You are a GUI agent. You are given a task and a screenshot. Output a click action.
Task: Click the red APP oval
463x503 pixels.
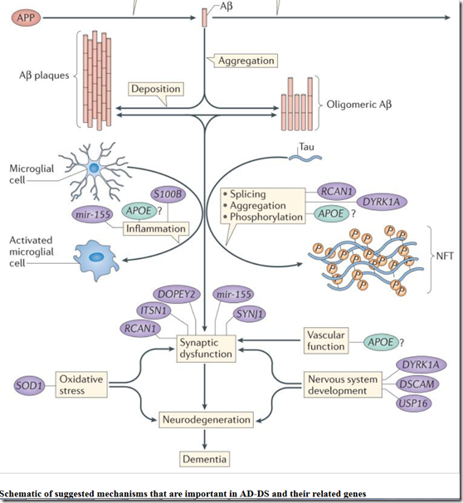click(x=26, y=17)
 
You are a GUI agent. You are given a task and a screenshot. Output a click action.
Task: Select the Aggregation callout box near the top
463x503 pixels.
click(x=246, y=61)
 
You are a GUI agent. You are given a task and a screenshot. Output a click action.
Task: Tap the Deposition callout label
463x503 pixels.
click(x=156, y=89)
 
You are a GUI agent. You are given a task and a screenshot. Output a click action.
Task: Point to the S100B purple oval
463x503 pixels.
click(x=168, y=194)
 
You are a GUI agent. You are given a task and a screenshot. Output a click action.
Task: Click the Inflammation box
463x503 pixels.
click(x=156, y=229)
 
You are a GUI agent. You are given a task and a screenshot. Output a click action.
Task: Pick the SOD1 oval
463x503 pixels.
click(x=29, y=385)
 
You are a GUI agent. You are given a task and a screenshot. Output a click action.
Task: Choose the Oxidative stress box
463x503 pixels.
click(x=81, y=384)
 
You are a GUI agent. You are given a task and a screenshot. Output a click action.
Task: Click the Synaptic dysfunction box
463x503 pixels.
click(x=206, y=349)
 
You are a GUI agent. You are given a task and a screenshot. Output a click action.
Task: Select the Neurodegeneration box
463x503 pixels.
click(x=206, y=420)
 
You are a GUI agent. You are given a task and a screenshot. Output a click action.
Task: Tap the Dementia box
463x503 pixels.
click(x=205, y=459)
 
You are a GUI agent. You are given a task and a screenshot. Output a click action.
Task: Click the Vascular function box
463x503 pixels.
click(x=326, y=340)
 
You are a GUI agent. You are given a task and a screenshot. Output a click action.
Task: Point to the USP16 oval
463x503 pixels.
click(x=413, y=403)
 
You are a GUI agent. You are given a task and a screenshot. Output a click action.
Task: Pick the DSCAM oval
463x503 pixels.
click(x=417, y=384)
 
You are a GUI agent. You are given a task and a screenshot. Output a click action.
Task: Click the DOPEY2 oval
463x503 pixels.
click(x=177, y=295)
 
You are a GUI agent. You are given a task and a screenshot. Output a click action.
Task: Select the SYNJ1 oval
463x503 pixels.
click(x=250, y=314)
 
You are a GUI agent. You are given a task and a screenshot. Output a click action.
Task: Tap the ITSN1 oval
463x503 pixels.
click(x=154, y=310)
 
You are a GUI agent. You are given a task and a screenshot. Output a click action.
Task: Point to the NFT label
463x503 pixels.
click(x=445, y=256)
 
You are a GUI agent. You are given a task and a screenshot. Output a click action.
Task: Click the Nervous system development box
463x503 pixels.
click(x=343, y=384)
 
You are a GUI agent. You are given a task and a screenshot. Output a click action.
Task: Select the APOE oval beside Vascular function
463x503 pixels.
click(x=381, y=342)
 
